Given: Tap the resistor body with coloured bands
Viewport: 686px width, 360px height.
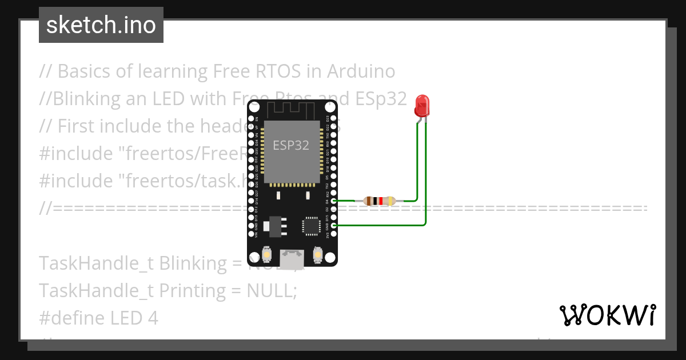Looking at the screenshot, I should [379, 201].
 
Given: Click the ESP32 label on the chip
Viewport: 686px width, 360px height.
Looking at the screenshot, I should [291, 145].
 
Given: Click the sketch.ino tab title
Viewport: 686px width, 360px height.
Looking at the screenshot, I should [101, 25].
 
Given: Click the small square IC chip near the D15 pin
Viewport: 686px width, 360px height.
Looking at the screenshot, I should [312, 225].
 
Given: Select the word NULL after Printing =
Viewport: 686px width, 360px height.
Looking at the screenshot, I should [269, 291].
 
